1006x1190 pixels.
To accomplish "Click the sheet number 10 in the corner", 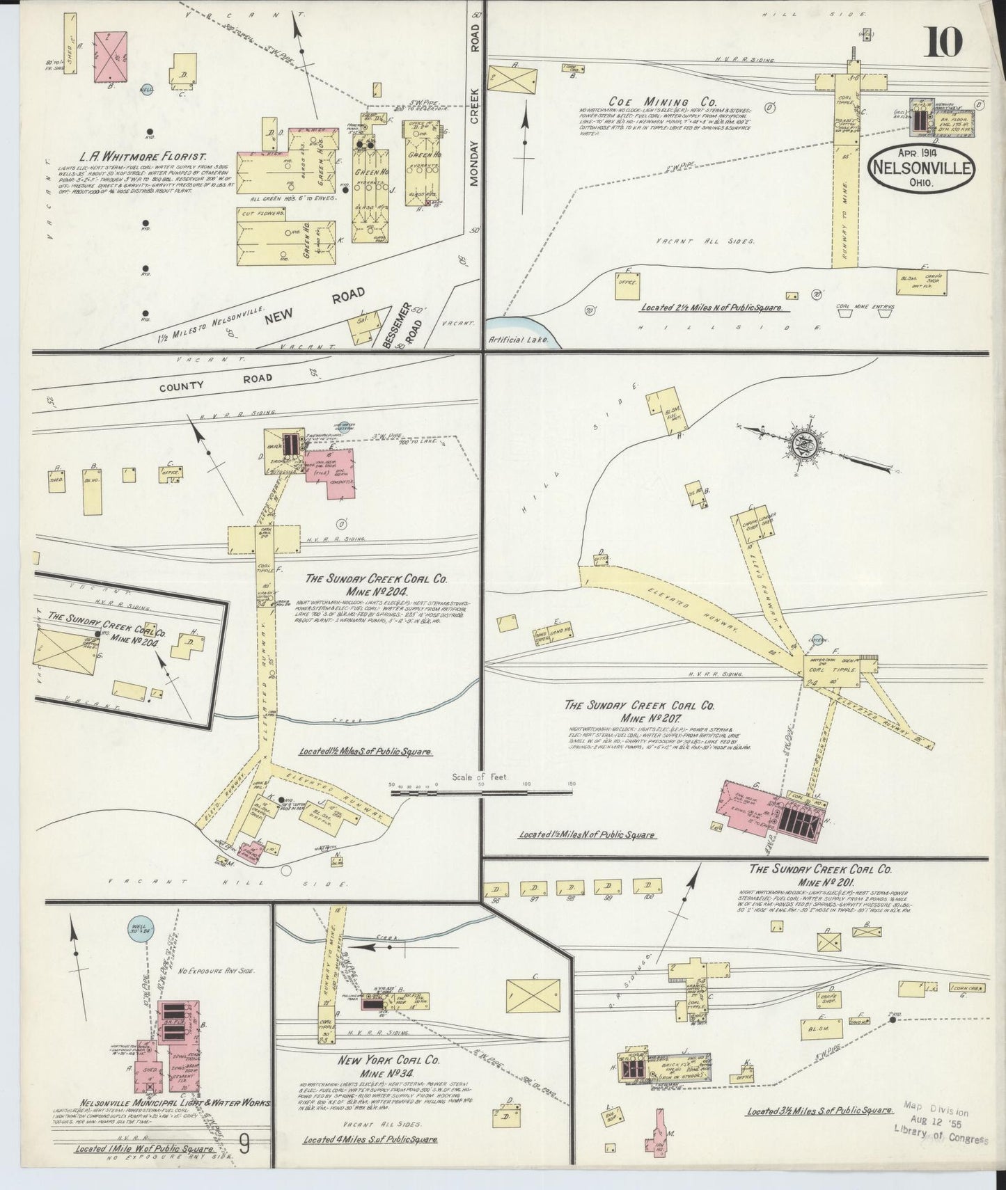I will click(943, 43).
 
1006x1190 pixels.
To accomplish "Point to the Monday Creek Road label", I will click(476, 139).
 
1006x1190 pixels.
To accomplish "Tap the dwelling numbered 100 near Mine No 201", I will click(648, 889).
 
